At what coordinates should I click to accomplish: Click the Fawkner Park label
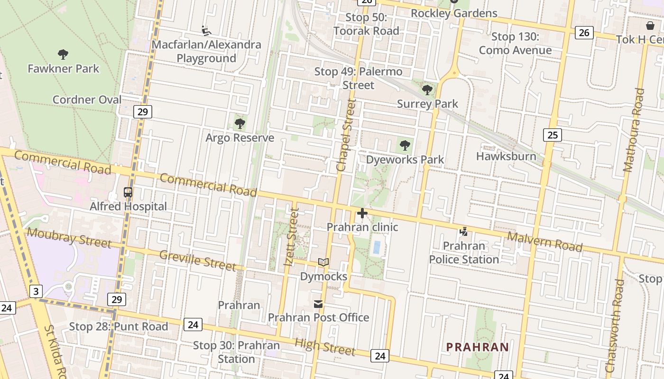click(64, 69)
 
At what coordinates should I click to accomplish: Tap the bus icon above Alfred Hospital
click(128, 192)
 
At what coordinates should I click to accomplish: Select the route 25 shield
click(552, 135)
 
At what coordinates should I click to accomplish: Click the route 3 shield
click(36, 291)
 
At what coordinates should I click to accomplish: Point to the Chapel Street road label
click(345, 135)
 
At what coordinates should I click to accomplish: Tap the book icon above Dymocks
click(323, 262)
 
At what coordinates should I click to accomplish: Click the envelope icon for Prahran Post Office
click(318, 304)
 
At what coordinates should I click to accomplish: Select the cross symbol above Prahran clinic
click(362, 213)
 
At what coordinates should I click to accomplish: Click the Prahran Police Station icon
click(464, 232)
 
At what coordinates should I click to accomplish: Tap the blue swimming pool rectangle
click(377, 248)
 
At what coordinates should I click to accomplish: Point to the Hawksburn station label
click(506, 156)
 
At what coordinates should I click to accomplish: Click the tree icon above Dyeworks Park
click(405, 145)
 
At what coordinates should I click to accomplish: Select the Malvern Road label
click(545, 242)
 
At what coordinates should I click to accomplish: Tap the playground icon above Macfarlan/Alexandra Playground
click(206, 31)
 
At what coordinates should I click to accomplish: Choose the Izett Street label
click(291, 236)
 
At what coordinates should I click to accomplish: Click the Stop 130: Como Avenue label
click(515, 44)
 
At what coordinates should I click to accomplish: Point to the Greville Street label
click(197, 261)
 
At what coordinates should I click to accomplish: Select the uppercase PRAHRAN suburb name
click(478, 347)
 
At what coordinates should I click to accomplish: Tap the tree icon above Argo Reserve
click(240, 124)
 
